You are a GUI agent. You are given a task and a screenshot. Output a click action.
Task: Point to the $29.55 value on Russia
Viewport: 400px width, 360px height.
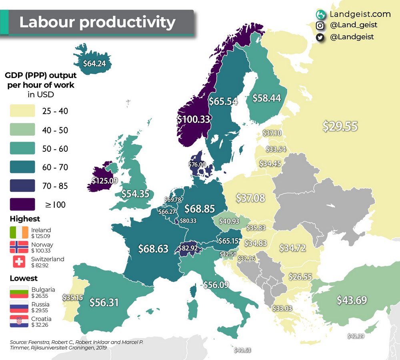(x=340, y=127)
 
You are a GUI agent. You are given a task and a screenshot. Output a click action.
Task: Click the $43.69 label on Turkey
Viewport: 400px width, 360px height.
(x=352, y=300)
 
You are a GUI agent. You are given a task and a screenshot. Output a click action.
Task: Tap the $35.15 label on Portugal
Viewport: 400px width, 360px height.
(x=72, y=298)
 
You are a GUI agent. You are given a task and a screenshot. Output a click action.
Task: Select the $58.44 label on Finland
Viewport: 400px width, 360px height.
(x=267, y=97)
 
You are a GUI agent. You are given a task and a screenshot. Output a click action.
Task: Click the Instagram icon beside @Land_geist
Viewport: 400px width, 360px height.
(x=320, y=25)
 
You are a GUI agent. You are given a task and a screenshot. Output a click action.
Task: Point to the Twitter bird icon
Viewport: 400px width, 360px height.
(x=320, y=37)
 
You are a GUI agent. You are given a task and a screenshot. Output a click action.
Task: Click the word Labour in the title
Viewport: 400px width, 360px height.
(x=46, y=22)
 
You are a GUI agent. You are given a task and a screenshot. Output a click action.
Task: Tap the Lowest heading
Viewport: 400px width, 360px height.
(x=24, y=278)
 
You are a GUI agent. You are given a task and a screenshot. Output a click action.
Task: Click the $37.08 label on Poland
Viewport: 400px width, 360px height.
(x=250, y=197)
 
